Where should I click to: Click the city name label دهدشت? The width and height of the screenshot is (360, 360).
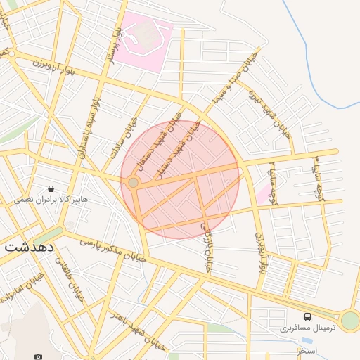pyautogui.click(x=31, y=247)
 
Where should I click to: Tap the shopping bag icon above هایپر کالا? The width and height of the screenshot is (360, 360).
pyautogui.click(x=51, y=188)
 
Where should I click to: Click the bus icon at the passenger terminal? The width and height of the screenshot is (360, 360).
pyautogui.click(x=308, y=316)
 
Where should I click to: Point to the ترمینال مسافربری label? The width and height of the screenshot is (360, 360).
pyautogui.click(x=308, y=328)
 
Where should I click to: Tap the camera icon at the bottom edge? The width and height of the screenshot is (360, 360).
pyautogui.click(x=39, y=357)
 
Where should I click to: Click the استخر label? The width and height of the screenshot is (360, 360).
pyautogui.click(x=307, y=350)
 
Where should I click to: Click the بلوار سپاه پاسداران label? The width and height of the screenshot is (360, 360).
pyautogui.click(x=89, y=129)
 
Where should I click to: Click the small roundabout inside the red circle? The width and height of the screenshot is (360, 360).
pyautogui.click(x=133, y=183)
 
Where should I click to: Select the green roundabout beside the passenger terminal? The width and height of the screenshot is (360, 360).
pyautogui.click(x=350, y=321)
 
